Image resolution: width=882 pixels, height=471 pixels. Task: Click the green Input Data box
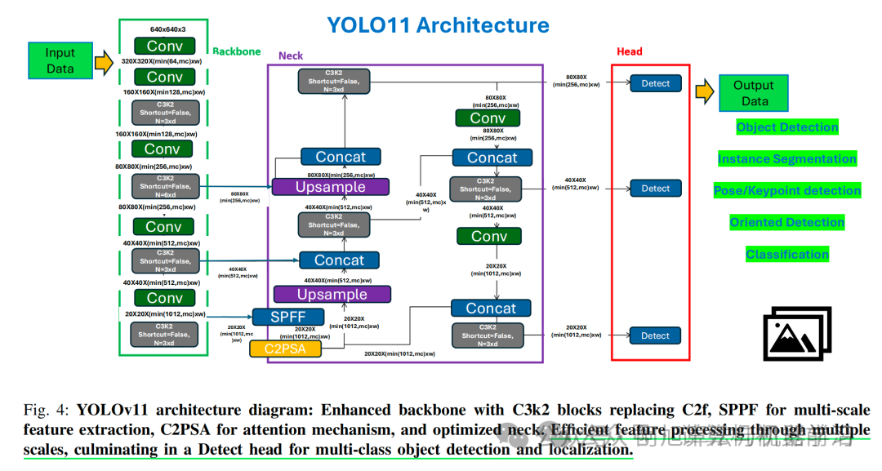[x=60, y=61]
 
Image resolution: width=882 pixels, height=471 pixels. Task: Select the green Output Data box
[x=754, y=93]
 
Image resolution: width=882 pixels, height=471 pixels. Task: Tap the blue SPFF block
[x=283, y=317]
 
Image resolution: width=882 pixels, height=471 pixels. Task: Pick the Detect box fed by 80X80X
[x=655, y=83]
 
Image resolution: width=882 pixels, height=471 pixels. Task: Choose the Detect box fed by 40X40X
[x=655, y=189]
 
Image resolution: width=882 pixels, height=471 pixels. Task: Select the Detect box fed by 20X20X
[x=655, y=335]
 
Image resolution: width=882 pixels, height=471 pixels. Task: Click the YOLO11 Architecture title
[x=438, y=25]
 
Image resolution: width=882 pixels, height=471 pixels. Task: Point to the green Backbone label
[x=237, y=51]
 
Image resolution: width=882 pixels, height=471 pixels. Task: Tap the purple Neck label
[x=291, y=56]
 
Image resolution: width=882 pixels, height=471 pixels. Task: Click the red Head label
[x=629, y=51]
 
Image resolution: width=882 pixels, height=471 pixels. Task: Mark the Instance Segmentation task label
[x=787, y=159]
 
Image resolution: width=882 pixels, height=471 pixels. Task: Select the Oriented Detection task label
[x=787, y=222]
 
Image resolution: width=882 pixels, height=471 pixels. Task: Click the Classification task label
[x=787, y=255]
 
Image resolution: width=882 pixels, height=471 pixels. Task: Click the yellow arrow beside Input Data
[x=104, y=62]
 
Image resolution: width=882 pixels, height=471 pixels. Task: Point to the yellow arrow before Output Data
[x=704, y=92]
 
